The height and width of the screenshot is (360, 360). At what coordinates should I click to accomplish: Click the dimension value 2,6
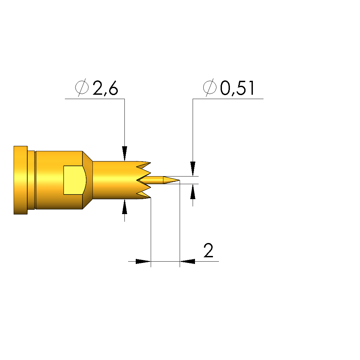(x=105, y=88)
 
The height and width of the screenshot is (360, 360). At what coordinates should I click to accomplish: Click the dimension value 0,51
(x=237, y=88)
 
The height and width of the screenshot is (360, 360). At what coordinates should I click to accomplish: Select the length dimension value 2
(x=209, y=250)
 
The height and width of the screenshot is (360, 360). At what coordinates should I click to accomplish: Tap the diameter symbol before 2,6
(x=82, y=87)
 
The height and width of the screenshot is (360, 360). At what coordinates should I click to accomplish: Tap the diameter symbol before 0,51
(x=210, y=87)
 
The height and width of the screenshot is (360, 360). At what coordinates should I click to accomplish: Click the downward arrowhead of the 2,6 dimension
(x=124, y=154)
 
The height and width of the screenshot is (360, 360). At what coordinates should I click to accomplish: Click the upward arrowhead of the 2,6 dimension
(x=124, y=207)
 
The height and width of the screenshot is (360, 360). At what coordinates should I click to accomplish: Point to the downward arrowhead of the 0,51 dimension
(x=193, y=169)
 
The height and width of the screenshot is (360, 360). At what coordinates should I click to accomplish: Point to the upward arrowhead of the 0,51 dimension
(x=193, y=191)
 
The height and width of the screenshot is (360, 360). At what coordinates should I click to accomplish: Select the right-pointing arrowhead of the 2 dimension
(x=143, y=261)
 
